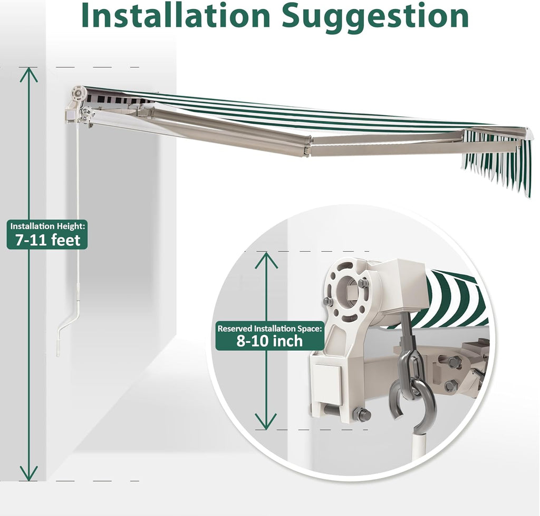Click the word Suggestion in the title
pos(375,18)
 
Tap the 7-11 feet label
pos(47,240)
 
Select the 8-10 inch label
pos(269,341)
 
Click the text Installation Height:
pos(47,226)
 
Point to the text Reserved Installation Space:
pos(269,329)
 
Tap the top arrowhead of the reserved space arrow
pos(266,260)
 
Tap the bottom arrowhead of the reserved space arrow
pos(266,421)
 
